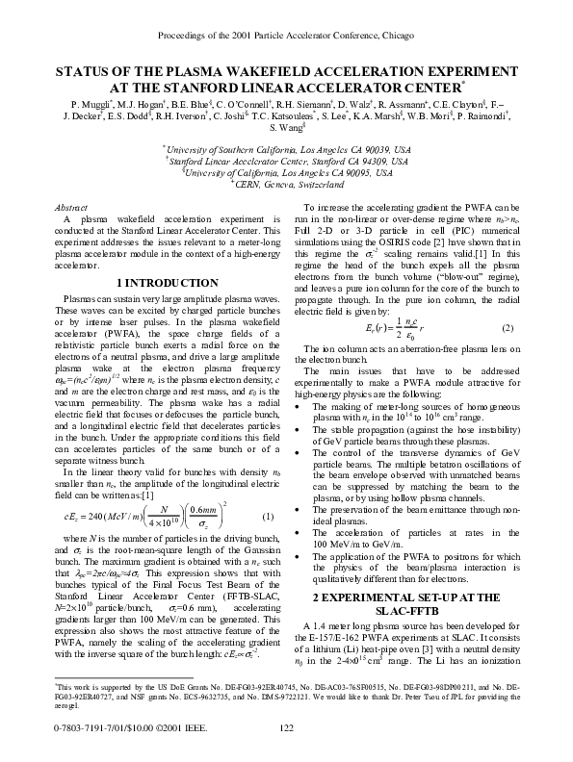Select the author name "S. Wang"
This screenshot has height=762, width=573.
(x=283, y=128)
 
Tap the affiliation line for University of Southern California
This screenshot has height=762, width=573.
(x=287, y=151)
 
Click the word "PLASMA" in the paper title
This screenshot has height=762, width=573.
(x=206, y=71)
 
